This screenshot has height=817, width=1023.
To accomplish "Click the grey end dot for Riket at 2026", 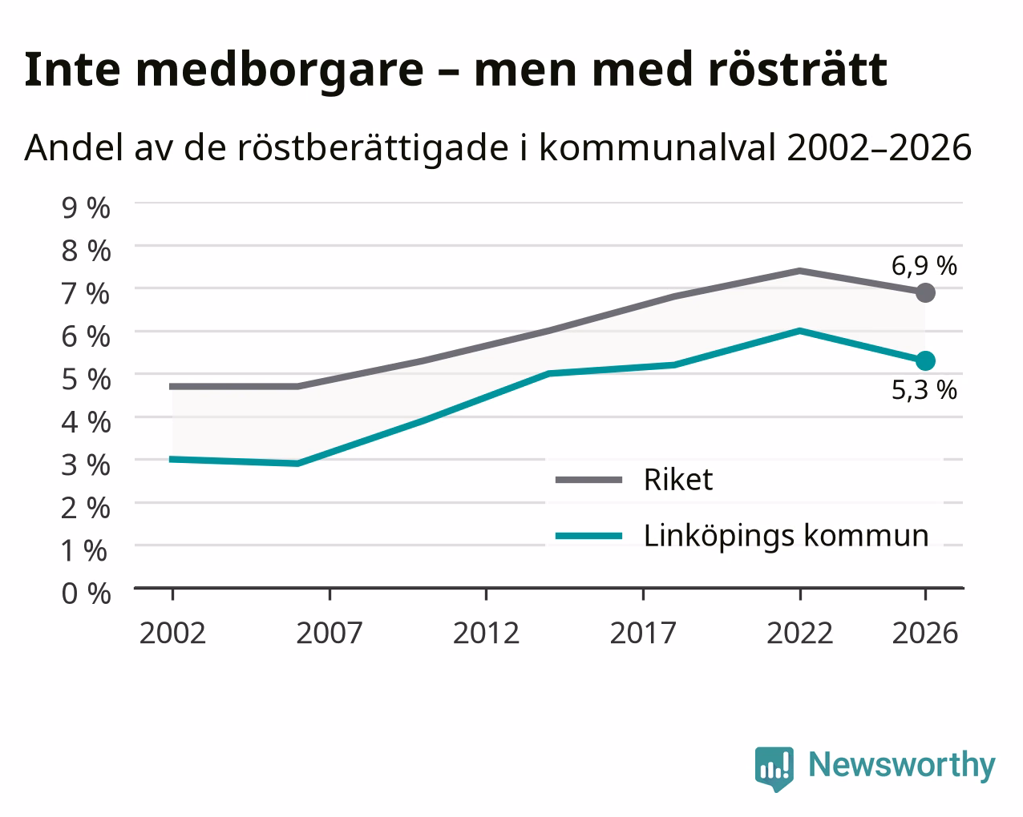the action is pos(925,292).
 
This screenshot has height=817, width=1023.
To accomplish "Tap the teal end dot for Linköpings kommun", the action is pos(925,361).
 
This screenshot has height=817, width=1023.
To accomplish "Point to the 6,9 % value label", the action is pos(924,266).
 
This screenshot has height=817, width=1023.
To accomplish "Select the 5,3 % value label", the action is pos(924,390).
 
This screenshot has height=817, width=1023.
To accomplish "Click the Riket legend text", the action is pos(678,479).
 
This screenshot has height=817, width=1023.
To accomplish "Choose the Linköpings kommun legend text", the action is pos(786,537).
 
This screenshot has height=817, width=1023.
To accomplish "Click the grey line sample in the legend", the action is pos(588,480).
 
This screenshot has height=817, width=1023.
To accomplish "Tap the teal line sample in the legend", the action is pos(588,536).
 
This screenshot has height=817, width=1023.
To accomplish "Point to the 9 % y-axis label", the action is pos(86,208).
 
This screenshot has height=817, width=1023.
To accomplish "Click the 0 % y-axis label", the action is pos(86,594).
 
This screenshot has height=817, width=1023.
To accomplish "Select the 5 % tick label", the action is pos(86,380).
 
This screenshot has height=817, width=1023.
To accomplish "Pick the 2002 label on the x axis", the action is pos(172,633).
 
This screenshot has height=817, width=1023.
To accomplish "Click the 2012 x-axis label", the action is pos(486,633).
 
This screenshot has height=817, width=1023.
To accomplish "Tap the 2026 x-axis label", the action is pos(925,633).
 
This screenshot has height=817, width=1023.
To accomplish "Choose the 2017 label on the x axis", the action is pos(643,633).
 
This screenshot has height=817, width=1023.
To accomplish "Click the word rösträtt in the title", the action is pos(798,70).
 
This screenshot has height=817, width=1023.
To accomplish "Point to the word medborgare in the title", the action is pos(280,70).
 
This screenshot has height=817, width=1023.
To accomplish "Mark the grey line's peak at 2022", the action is pos(800,271).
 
